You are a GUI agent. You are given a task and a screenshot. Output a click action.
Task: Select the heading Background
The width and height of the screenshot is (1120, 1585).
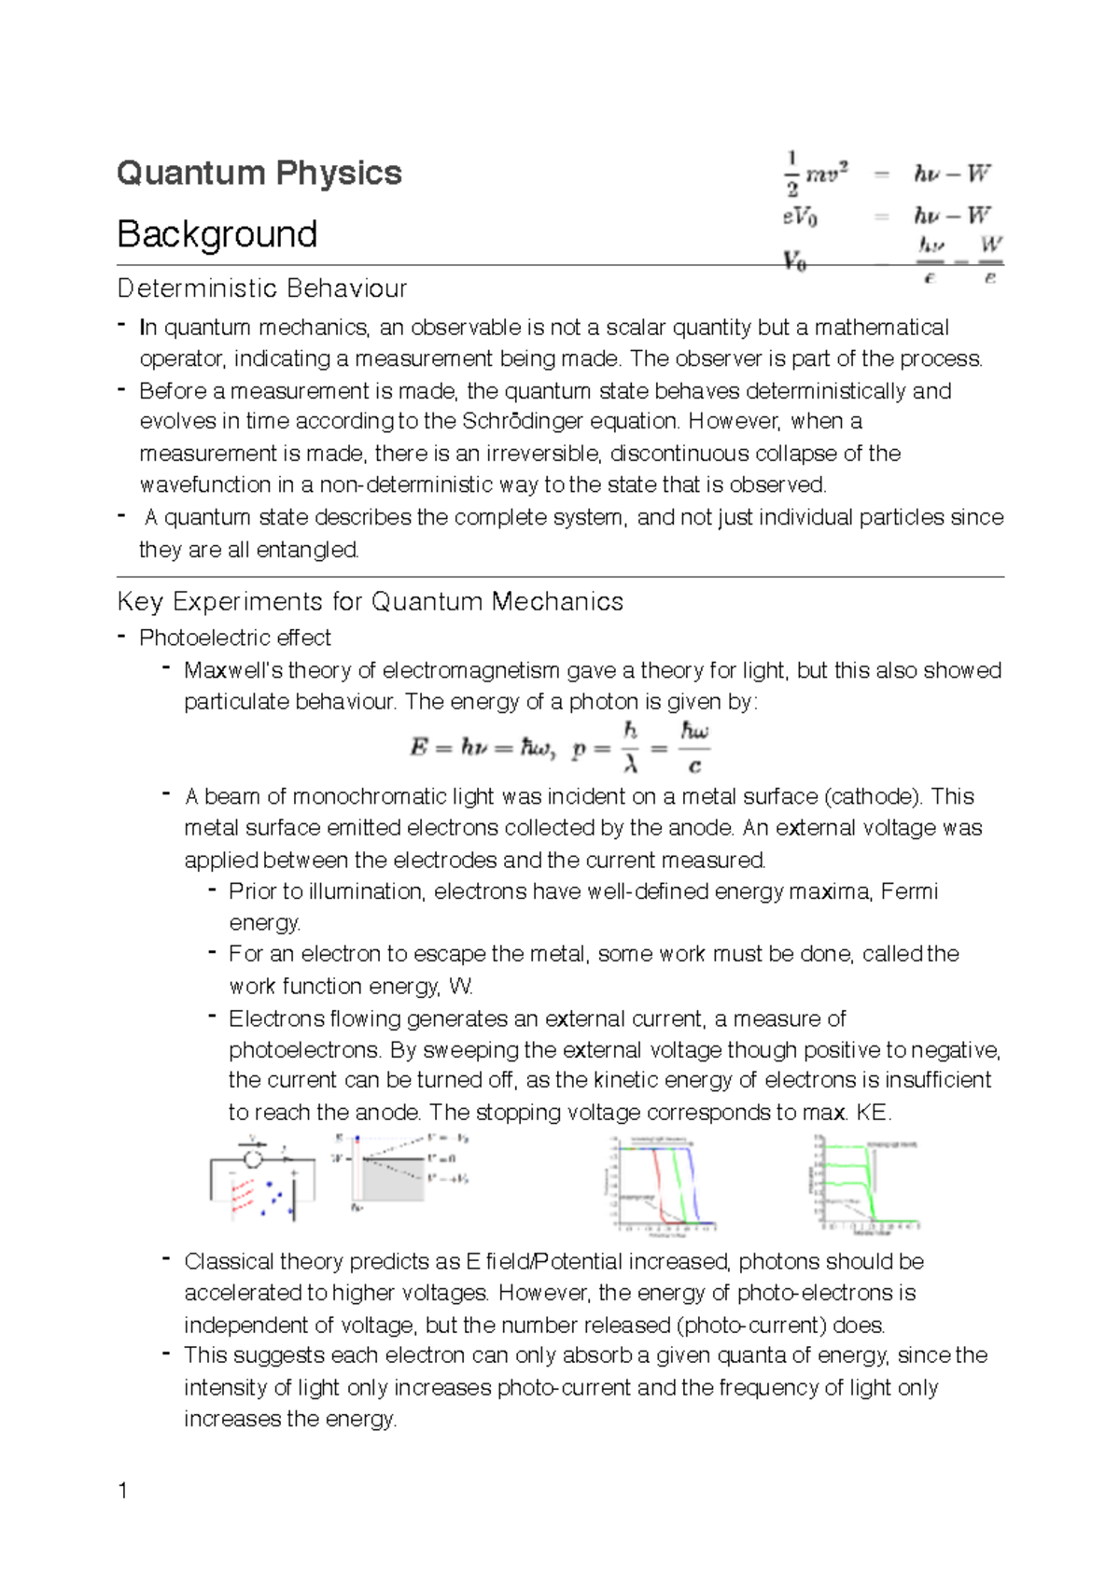tap(217, 234)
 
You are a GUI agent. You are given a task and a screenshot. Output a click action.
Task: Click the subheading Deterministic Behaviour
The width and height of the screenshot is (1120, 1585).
tap(262, 288)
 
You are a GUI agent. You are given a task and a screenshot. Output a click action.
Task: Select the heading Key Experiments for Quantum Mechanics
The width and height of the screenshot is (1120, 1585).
tap(371, 602)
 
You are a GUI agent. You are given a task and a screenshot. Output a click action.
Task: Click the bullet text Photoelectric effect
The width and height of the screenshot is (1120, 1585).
tap(235, 638)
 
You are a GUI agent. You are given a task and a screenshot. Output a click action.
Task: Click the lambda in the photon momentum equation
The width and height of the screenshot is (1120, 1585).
tap(631, 764)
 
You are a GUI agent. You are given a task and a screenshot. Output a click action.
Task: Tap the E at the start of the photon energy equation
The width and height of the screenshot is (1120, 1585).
tap(419, 748)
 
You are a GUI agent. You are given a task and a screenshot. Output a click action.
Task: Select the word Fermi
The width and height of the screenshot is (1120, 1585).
tap(909, 891)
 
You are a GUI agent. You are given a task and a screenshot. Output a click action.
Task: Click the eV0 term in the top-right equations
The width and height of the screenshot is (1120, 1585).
tap(801, 217)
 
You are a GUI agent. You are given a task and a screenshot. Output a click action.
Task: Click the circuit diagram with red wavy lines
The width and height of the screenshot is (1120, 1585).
tap(261, 1181)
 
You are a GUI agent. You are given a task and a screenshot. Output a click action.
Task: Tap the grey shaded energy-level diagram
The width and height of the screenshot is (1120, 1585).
tap(397, 1174)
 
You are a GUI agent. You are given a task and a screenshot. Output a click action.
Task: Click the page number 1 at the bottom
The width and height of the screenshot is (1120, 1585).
tap(123, 1491)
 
